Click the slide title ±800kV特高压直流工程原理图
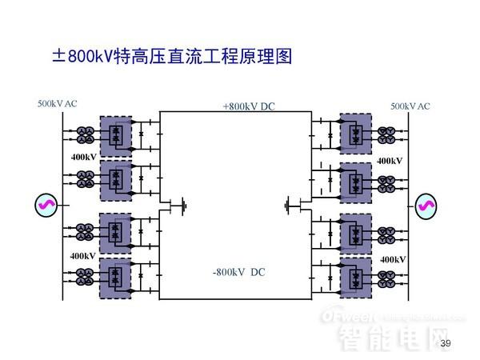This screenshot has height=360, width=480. coord(173,57)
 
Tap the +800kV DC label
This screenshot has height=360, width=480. coord(249,106)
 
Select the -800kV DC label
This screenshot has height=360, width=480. coord(238,272)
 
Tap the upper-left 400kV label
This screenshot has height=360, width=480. coord(82,157)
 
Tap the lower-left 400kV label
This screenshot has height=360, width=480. coord(82,256)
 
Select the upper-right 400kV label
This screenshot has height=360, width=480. coord(390,161)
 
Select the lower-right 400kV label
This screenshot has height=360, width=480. coord(392,260)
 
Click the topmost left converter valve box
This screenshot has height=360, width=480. coord(115,134)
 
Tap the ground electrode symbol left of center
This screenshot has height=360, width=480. coord(184,205)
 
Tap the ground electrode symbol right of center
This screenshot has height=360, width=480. coord(287,206)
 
